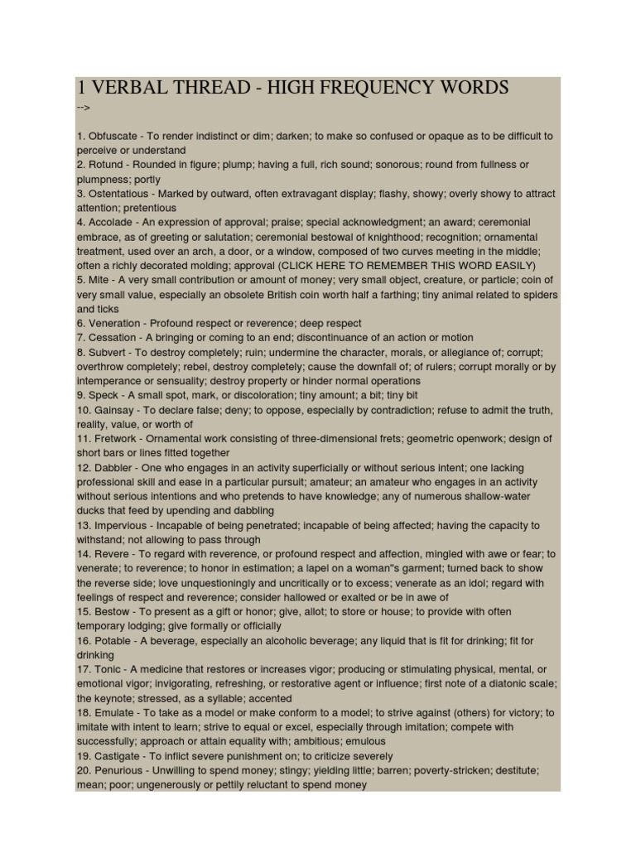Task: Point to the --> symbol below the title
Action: [83, 108]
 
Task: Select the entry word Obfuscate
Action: [114, 136]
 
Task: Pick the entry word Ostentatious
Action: [119, 194]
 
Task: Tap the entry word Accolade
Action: [111, 222]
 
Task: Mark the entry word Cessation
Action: [113, 338]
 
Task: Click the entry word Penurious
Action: [119, 770]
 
